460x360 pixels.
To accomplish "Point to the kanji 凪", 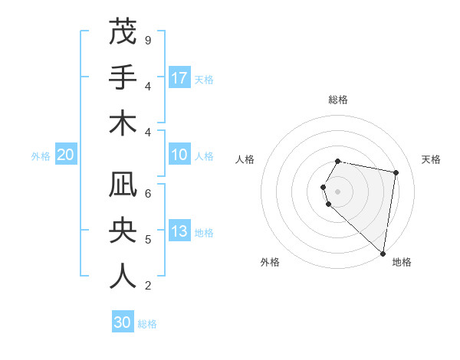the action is click(122, 185).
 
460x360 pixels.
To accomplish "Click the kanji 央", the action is click(122, 231).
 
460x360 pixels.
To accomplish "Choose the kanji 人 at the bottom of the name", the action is click(122, 276).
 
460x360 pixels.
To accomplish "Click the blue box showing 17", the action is click(179, 77).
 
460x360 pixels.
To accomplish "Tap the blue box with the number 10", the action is click(179, 155).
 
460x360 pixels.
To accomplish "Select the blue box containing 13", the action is click(179, 232).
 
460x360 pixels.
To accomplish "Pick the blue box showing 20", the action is click(66, 155).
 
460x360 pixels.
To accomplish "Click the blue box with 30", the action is click(123, 322).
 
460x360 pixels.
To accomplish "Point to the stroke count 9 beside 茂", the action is click(147, 40).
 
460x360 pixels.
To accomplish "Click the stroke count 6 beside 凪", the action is click(147, 193).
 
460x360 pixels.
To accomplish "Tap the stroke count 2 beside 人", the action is click(147, 286).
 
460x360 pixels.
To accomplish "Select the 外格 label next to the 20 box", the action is click(41, 156).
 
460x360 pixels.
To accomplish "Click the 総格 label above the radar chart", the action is click(338, 100).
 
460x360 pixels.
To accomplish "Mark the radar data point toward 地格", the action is click(383, 254).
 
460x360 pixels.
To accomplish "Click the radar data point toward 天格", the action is click(396, 173).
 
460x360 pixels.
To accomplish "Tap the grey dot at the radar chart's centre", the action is click(338, 191).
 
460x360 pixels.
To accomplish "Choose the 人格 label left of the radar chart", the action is click(245, 159).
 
